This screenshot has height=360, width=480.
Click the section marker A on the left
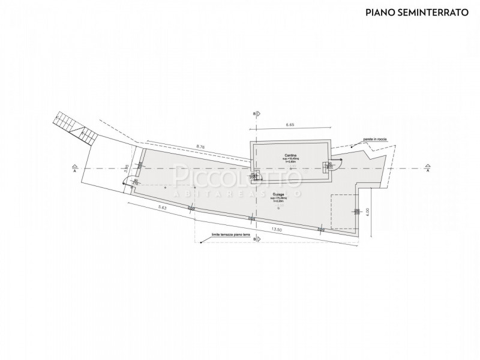coord(73,168)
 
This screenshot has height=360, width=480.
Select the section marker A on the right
coord(428,168)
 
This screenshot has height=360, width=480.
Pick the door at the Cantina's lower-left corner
coord(256,176)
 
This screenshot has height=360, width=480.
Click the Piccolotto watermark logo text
coord(237,178)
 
